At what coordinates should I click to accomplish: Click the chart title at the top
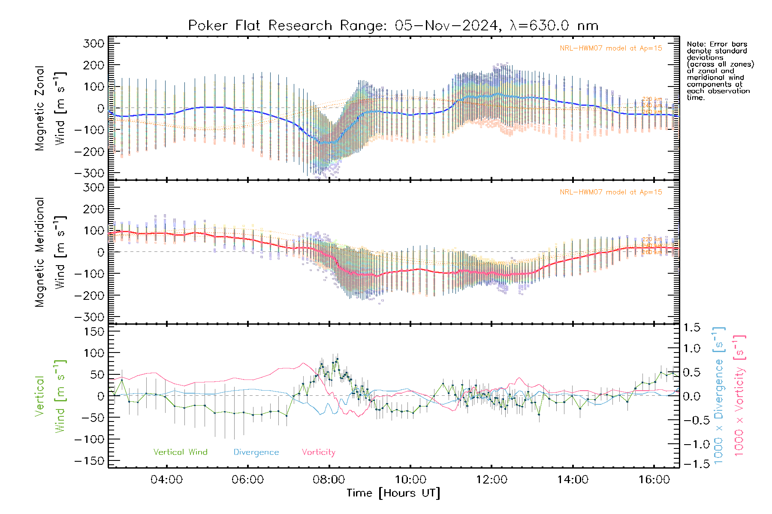pyautogui.click(x=393, y=26)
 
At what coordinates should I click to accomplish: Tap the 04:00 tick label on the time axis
pyautogui.click(x=166, y=480)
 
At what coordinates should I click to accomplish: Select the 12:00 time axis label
pyautogui.click(x=492, y=480)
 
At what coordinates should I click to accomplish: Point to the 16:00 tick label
pyautogui.click(x=654, y=480)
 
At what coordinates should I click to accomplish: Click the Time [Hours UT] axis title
pyautogui.click(x=393, y=493)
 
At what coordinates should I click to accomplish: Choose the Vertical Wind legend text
pyautogui.click(x=180, y=452)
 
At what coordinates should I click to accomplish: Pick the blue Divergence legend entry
pyautogui.click(x=256, y=452)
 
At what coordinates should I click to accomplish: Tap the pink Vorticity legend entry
pyautogui.click(x=318, y=452)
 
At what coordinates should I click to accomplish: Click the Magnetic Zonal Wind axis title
pyautogui.click(x=50, y=108)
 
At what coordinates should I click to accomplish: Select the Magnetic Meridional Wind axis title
pyautogui.click(x=50, y=252)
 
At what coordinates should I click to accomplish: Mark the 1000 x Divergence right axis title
pyautogui.click(x=718, y=395)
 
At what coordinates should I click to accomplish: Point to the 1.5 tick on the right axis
pyautogui.click(x=691, y=328)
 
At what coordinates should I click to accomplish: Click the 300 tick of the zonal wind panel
pyautogui.click(x=93, y=43)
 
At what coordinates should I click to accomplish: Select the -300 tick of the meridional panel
pyautogui.click(x=89, y=317)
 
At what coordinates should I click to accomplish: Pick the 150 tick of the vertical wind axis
pyautogui.click(x=93, y=332)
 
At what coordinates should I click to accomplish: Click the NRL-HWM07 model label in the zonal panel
pyautogui.click(x=611, y=48)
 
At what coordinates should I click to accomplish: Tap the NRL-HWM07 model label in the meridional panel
pyautogui.click(x=611, y=192)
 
